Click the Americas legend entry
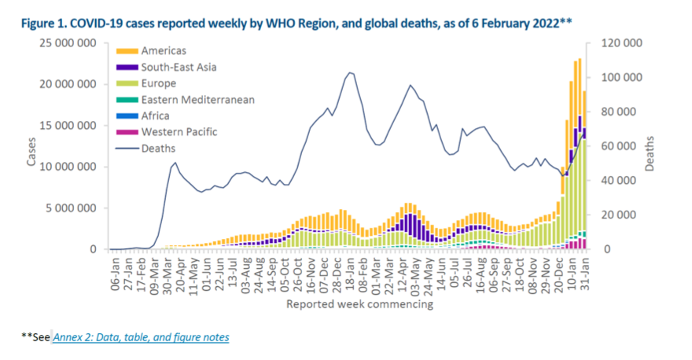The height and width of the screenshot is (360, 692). (x=164, y=50)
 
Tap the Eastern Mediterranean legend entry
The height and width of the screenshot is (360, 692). (x=196, y=99)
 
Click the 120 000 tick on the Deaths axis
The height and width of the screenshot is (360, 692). (x=623, y=42)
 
